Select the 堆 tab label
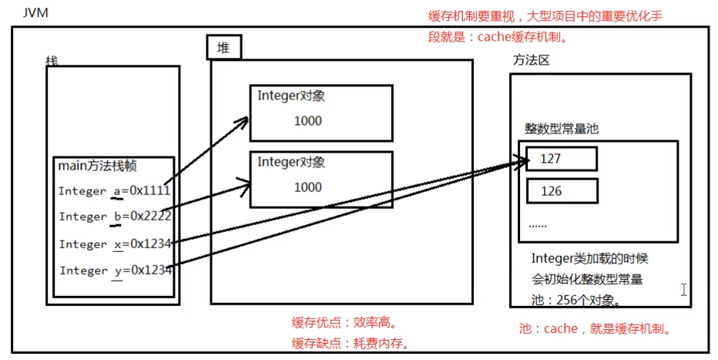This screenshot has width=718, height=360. pyautogui.click(x=223, y=49)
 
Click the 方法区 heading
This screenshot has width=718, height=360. pyautogui.click(x=531, y=60)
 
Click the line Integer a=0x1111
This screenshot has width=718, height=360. pyautogui.click(x=114, y=190)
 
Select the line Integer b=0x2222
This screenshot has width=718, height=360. pyautogui.click(x=114, y=217)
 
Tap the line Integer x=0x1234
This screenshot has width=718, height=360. pyautogui.click(x=115, y=244)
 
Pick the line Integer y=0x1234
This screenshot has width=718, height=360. pyautogui.click(x=115, y=270)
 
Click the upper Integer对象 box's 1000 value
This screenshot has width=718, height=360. pyautogui.click(x=307, y=121)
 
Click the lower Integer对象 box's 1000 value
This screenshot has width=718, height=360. pyautogui.click(x=307, y=187)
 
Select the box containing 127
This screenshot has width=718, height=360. pyautogui.click(x=562, y=159)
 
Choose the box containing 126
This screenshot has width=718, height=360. pyautogui.click(x=562, y=190)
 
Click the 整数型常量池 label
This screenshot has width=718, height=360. pyautogui.click(x=562, y=129)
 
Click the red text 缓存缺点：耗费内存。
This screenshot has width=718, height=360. pyautogui.click(x=349, y=342)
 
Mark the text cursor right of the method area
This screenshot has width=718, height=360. pyautogui.click(x=683, y=290)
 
